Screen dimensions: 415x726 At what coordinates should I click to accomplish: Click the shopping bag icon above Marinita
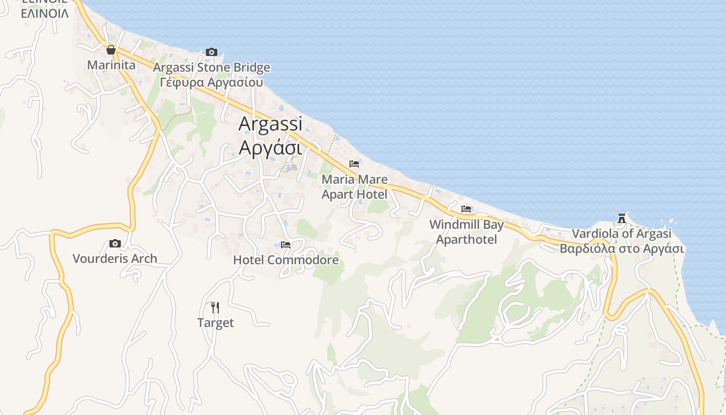pyautogui.click(x=110, y=50)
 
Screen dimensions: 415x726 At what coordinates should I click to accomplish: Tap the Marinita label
pyautogui.click(x=111, y=65)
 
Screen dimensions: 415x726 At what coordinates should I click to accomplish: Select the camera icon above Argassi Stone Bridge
pyautogui.click(x=211, y=52)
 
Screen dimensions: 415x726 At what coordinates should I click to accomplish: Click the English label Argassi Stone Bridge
pyautogui.click(x=212, y=67)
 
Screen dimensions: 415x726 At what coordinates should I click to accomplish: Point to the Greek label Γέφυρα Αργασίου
pyautogui.click(x=212, y=82)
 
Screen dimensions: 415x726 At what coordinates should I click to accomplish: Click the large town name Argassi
pyautogui.click(x=270, y=124)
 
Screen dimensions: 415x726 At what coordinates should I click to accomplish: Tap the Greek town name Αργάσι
pyautogui.click(x=270, y=147)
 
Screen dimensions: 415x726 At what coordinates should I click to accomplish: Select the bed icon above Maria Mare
pyautogui.click(x=354, y=164)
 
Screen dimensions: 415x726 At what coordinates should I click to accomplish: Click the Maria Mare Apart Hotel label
pyautogui.click(x=355, y=187)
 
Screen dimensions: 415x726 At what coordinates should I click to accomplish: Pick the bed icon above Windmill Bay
pyautogui.click(x=466, y=209)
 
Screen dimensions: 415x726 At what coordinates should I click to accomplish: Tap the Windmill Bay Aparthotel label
pyautogui.click(x=467, y=232)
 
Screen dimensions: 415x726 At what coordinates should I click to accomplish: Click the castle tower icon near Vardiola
pyautogui.click(x=622, y=218)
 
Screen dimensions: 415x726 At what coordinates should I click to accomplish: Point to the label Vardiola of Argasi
pyautogui.click(x=621, y=234)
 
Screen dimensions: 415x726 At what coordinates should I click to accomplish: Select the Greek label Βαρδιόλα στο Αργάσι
pyautogui.click(x=622, y=248)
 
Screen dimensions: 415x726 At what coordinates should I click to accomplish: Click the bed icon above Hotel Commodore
pyautogui.click(x=286, y=245)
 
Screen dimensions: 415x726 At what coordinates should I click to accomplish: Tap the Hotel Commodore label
pyautogui.click(x=286, y=260)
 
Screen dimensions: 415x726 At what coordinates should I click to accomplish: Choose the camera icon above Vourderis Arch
pyautogui.click(x=115, y=243)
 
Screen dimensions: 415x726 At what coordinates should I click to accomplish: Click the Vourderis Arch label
pyautogui.click(x=115, y=258)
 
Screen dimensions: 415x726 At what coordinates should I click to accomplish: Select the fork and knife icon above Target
pyautogui.click(x=215, y=308)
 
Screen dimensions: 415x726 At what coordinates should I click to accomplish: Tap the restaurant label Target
pyautogui.click(x=215, y=323)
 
